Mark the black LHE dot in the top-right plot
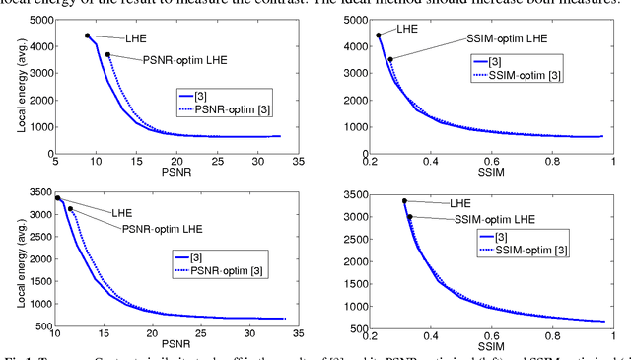click(x=379, y=36)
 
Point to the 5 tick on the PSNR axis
click(x=56, y=161)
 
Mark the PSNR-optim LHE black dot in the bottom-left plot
click(x=70, y=209)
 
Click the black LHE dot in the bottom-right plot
click(x=404, y=201)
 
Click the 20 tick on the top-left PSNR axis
click(x=176, y=161)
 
